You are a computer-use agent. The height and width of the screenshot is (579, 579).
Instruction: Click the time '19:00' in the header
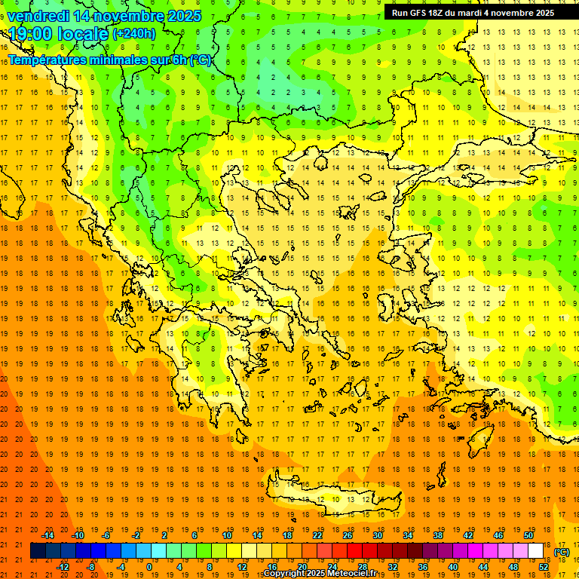pos(31,34)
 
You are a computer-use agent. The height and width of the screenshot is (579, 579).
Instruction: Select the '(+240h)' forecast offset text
pos(134,34)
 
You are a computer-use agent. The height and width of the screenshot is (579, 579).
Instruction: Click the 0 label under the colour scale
pos(149,567)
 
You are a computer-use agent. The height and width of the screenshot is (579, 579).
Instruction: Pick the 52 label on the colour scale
pos(544,567)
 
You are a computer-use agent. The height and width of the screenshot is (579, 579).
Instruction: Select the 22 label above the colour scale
pos(318,535)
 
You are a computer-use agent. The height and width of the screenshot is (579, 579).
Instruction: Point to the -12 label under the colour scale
pos(63,567)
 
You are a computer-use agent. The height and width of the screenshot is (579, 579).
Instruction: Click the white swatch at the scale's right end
pos(536,551)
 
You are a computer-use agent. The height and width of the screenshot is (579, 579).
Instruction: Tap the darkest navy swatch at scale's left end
pos(38,551)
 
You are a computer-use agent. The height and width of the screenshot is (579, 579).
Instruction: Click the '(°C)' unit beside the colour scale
pos(562,552)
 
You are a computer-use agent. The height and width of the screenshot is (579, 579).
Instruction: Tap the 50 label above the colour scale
pos(528,535)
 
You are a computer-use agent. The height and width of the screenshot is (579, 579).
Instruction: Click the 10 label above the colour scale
pos(227,535)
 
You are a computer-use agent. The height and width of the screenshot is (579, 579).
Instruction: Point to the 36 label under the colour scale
pos(424,567)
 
